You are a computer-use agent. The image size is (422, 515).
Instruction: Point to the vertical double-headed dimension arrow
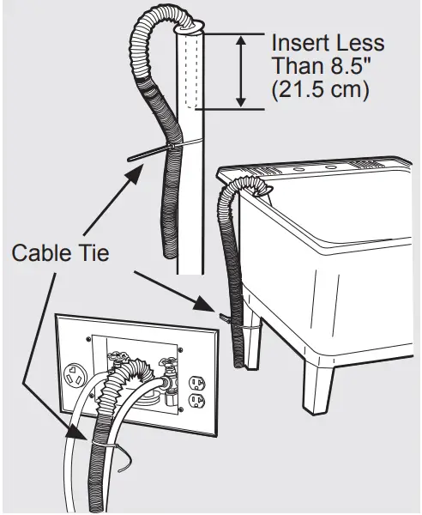click(242, 70)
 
